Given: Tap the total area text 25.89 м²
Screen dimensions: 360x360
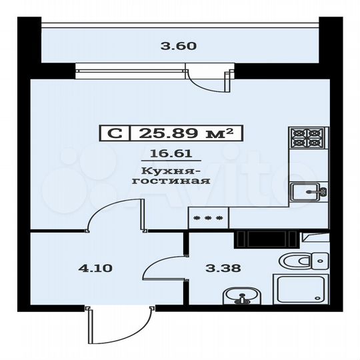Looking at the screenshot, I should [x=187, y=133].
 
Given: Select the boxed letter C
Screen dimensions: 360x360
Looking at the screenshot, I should [x=115, y=133].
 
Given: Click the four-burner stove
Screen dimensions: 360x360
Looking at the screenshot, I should [x=308, y=138].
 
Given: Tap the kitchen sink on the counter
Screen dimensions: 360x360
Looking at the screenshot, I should [x=310, y=192].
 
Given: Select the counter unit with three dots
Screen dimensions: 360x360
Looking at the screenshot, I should [x=208, y=217].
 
